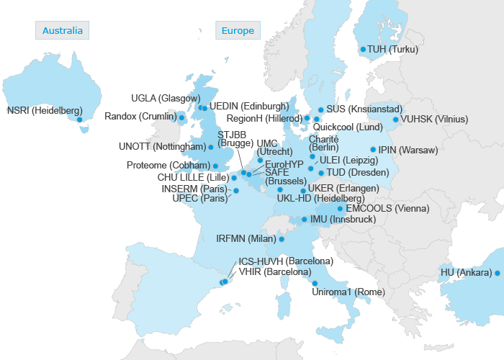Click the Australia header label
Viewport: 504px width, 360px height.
(x=63, y=30)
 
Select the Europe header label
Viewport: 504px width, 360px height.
(x=238, y=30)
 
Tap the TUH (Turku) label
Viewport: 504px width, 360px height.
(x=393, y=50)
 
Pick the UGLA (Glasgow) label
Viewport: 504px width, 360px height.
(x=165, y=98)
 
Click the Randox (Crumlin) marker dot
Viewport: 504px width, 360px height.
(x=181, y=117)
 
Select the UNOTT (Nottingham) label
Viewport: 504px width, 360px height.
(x=162, y=147)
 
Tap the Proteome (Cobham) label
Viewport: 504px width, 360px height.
(x=168, y=166)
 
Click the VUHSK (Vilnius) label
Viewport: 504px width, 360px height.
(x=433, y=120)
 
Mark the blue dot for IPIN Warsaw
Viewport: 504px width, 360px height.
(x=372, y=150)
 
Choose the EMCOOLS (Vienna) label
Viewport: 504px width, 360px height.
(x=387, y=209)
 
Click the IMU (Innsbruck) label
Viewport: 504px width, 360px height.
(x=342, y=220)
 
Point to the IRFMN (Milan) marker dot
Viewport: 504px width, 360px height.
(x=282, y=239)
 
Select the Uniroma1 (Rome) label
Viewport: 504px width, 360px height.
(x=348, y=292)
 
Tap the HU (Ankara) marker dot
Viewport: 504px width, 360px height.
(x=497, y=273)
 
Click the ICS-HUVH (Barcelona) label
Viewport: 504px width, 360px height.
(x=285, y=261)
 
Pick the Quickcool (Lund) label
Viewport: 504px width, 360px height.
(x=348, y=127)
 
